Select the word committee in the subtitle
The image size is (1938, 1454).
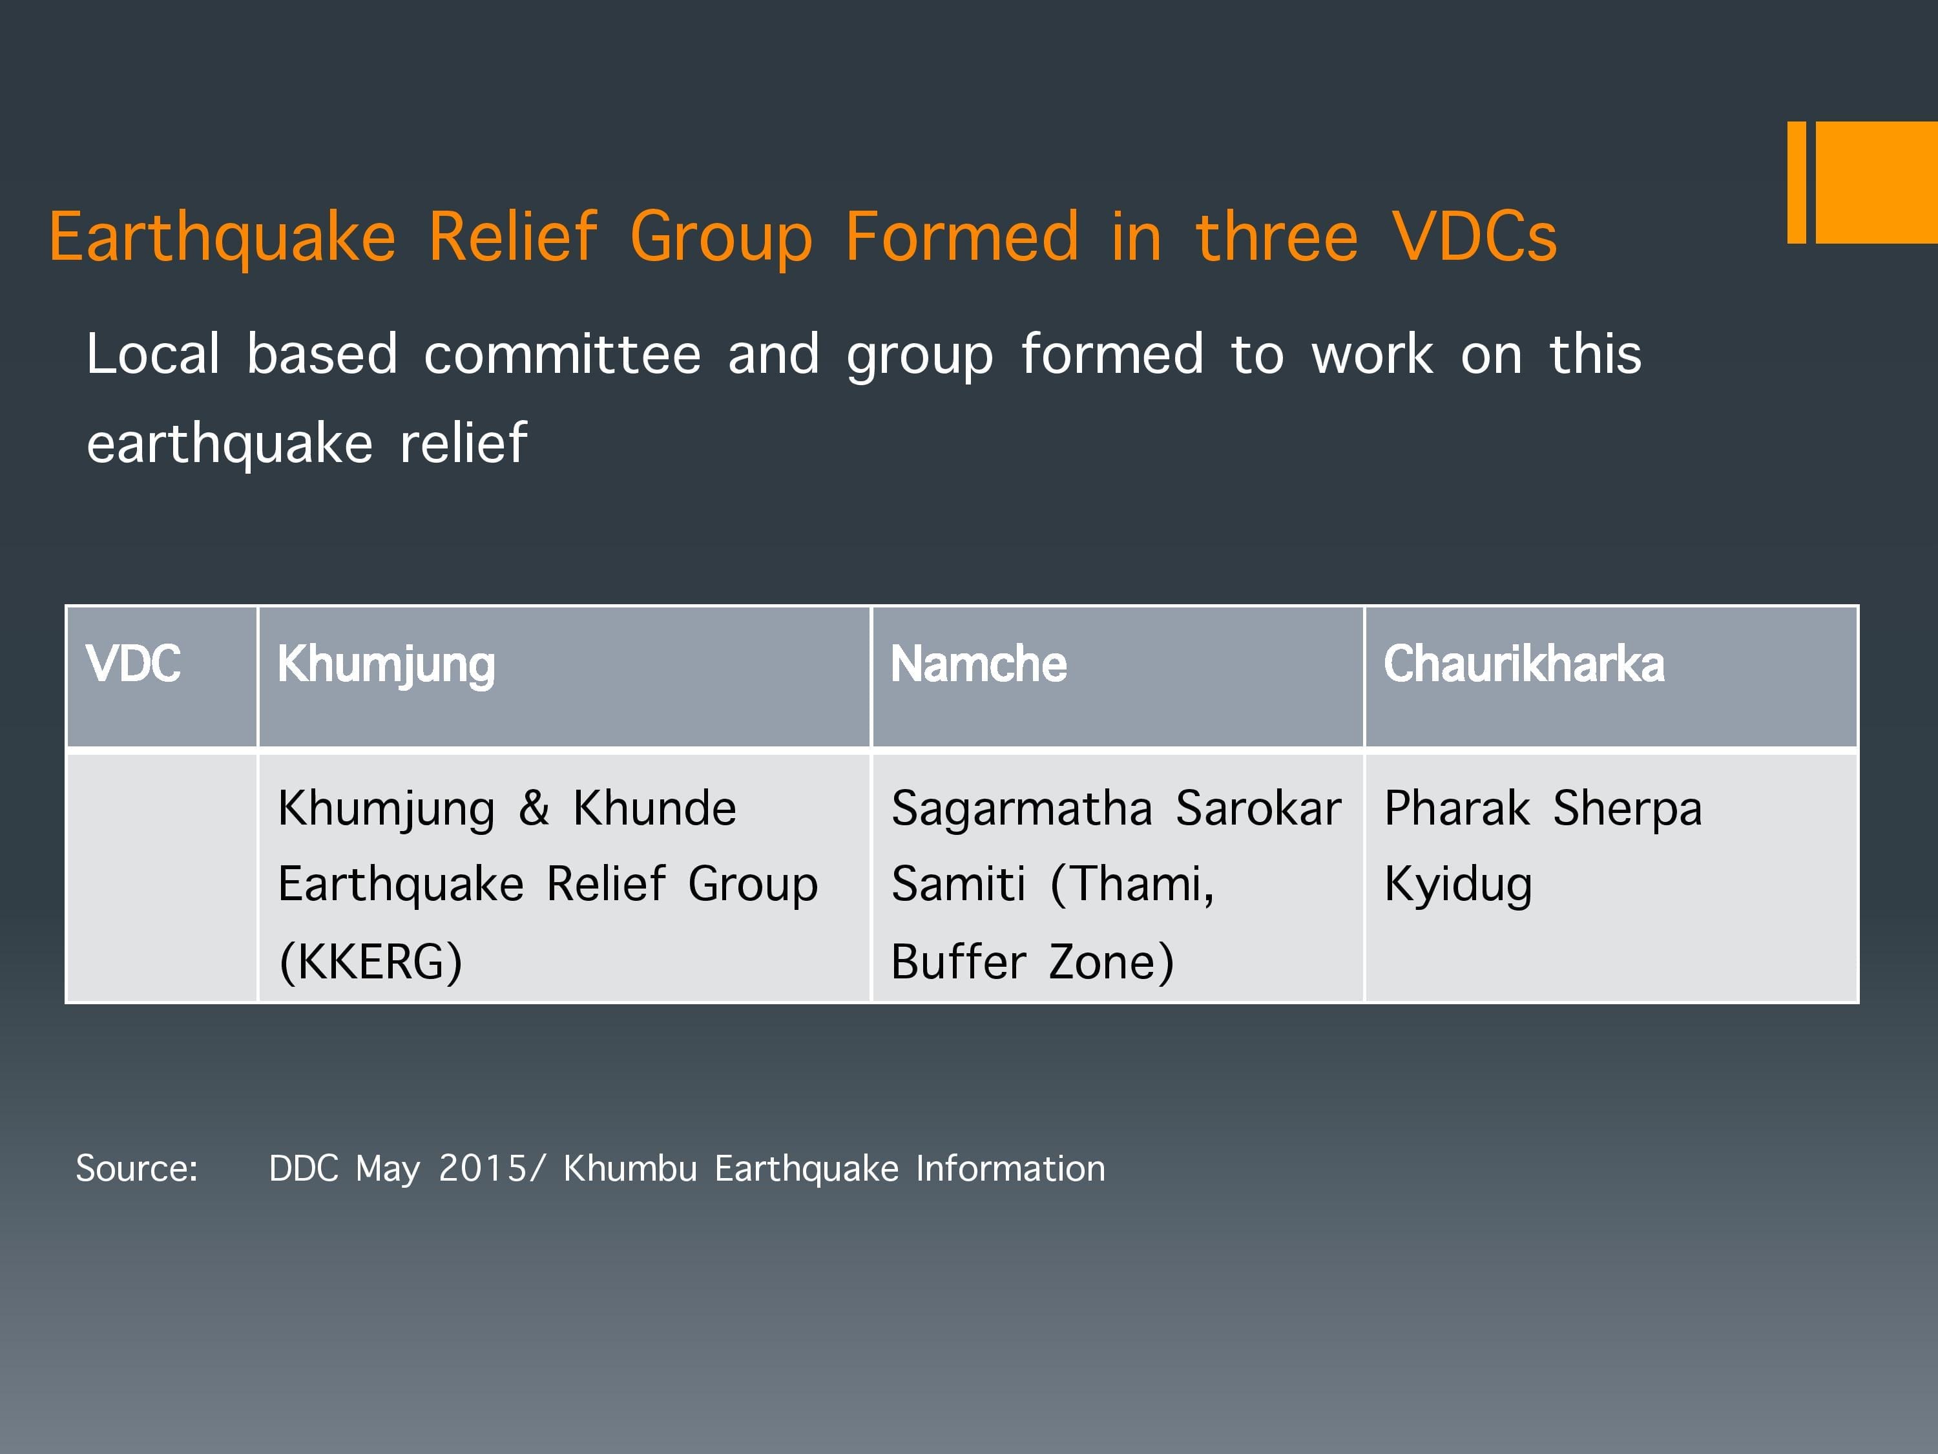(x=563, y=354)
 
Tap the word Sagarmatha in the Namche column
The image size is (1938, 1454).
(x=1021, y=808)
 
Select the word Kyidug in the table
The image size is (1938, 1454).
(x=1458, y=884)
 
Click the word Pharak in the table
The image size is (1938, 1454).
(x=1457, y=808)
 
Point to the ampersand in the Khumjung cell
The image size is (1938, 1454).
(x=534, y=808)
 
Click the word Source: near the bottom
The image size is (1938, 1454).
(x=137, y=1168)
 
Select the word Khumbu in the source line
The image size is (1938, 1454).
(x=630, y=1168)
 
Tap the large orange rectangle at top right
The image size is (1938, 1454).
(x=1877, y=182)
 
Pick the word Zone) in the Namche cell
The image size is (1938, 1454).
(x=1111, y=962)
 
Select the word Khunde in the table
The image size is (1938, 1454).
(x=654, y=808)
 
